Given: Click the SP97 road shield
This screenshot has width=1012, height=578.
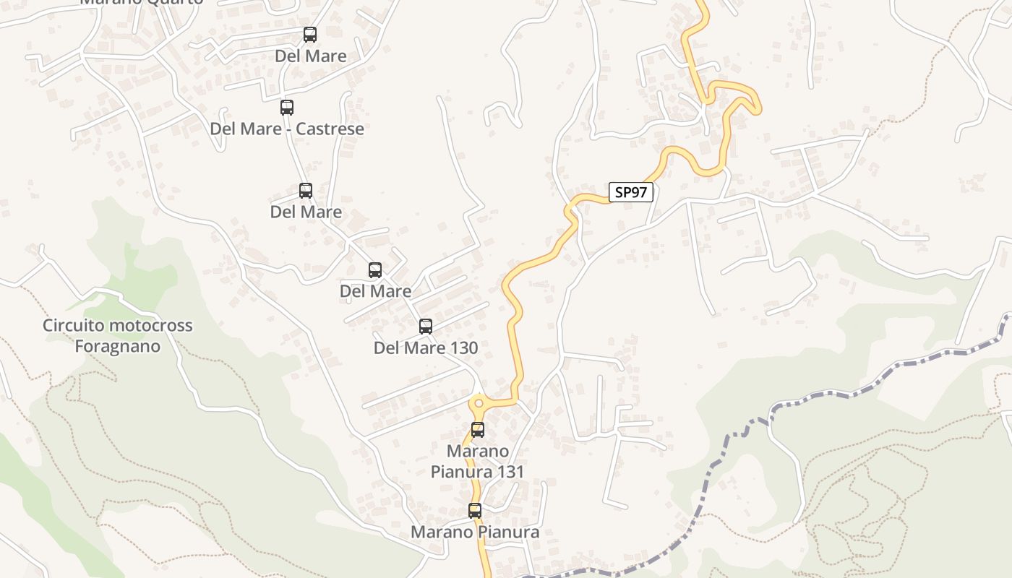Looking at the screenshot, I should pyautogui.click(x=631, y=192).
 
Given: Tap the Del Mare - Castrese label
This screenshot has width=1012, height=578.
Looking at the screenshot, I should pyautogui.click(x=287, y=129).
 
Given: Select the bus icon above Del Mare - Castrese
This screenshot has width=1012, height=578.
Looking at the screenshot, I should pyautogui.click(x=287, y=108).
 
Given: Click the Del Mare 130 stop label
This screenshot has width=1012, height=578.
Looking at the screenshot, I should pyautogui.click(x=425, y=348).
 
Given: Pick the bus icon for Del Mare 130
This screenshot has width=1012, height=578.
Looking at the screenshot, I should pyautogui.click(x=426, y=327).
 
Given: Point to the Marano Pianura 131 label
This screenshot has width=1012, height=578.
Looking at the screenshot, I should pyautogui.click(x=477, y=461).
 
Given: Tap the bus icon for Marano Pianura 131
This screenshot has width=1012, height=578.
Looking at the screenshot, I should pyautogui.click(x=478, y=430).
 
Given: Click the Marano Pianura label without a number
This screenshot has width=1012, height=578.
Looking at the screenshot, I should pyautogui.click(x=475, y=532).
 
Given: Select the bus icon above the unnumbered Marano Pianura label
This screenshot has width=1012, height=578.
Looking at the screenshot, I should pyautogui.click(x=475, y=511).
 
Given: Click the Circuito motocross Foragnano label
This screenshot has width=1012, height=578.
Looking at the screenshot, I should pyautogui.click(x=118, y=335).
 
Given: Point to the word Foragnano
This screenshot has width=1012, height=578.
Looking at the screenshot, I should pyautogui.click(x=118, y=346).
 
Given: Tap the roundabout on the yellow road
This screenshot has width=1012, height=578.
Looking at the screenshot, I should pyautogui.click(x=478, y=403).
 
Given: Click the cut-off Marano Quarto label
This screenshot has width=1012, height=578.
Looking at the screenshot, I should pyautogui.click(x=141, y=2).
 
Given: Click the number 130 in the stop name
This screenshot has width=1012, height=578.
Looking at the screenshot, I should pyautogui.click(x=463, y=348).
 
